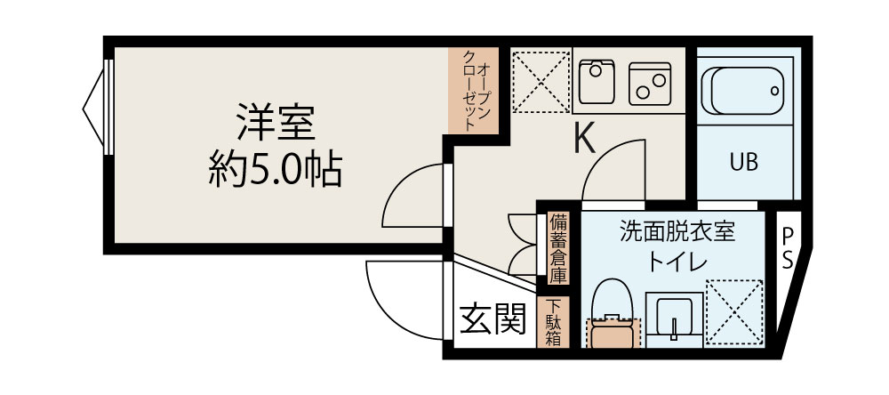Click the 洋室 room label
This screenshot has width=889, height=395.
[276, 124]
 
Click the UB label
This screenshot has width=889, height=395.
[743, 163]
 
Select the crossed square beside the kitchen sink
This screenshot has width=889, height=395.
[541, 80]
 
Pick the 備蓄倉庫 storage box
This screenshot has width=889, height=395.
[557, 246]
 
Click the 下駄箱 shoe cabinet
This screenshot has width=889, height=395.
[554, 322]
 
